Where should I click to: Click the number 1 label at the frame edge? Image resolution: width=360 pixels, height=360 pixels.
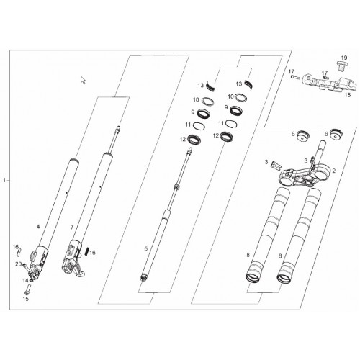[4, 180]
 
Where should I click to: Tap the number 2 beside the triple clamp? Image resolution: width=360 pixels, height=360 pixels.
[333, 171]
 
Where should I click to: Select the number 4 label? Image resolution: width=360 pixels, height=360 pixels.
[38, 226]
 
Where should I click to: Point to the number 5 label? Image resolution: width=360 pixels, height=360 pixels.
[146, 249]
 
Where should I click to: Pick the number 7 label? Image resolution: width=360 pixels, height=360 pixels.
[72, 227]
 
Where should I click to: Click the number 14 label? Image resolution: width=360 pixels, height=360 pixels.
[25, 280]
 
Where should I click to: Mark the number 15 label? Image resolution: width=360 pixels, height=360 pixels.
[25, 299]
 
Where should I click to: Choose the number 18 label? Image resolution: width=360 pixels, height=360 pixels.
[348, 95]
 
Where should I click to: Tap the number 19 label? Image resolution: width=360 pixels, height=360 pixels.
[344, 58]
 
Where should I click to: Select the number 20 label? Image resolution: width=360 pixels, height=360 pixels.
[19, 264]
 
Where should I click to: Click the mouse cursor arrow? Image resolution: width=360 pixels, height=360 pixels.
[83, 80]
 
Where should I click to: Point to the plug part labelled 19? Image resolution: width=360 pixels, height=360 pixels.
[341, 66]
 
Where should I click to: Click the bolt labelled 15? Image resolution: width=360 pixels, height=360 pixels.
[27, 289]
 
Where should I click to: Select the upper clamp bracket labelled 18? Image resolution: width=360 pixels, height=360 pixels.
[329, 82]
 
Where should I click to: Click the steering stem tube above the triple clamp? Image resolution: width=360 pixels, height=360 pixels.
[322, 152]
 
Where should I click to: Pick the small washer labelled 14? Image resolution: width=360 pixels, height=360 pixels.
[32, 281]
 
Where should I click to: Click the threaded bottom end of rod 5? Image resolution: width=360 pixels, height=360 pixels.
[143, 279]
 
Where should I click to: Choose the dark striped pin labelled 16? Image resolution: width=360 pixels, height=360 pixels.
[87, 251]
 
